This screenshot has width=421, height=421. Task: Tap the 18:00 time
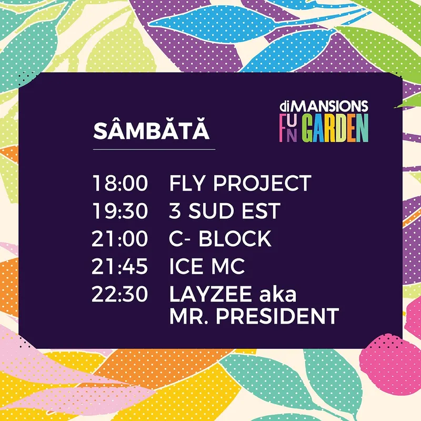pyautogui.click(x=120, y=183)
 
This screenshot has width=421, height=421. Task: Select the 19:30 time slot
pyautogui.click(x=120, y=211)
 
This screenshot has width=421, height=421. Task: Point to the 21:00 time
pyautogui.click(x=120, y=238)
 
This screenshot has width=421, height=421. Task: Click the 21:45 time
pyautogui.click(x=120, y=266)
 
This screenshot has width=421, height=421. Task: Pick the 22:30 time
pyautogui.click(x=120, y=294)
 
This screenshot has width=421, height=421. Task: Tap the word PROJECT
pyautogui.click(x=262, y=183)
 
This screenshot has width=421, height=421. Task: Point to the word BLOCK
pyautogui.click(x=235, y=238)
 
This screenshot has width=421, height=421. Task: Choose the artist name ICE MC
pyautogui.click(x=207, y=266)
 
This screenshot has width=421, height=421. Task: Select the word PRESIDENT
pyautogui.click(x=278, y=316)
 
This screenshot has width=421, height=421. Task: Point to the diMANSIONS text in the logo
pyautogui.click(x=324, y=106)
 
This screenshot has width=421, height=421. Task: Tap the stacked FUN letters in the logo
pyautogui.click(x=288, y=127)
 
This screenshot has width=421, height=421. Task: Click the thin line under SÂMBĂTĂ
pyautogui.click(x=154, y=149)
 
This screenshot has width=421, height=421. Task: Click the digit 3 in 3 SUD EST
pyautogui.click(x=175, y=211)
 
